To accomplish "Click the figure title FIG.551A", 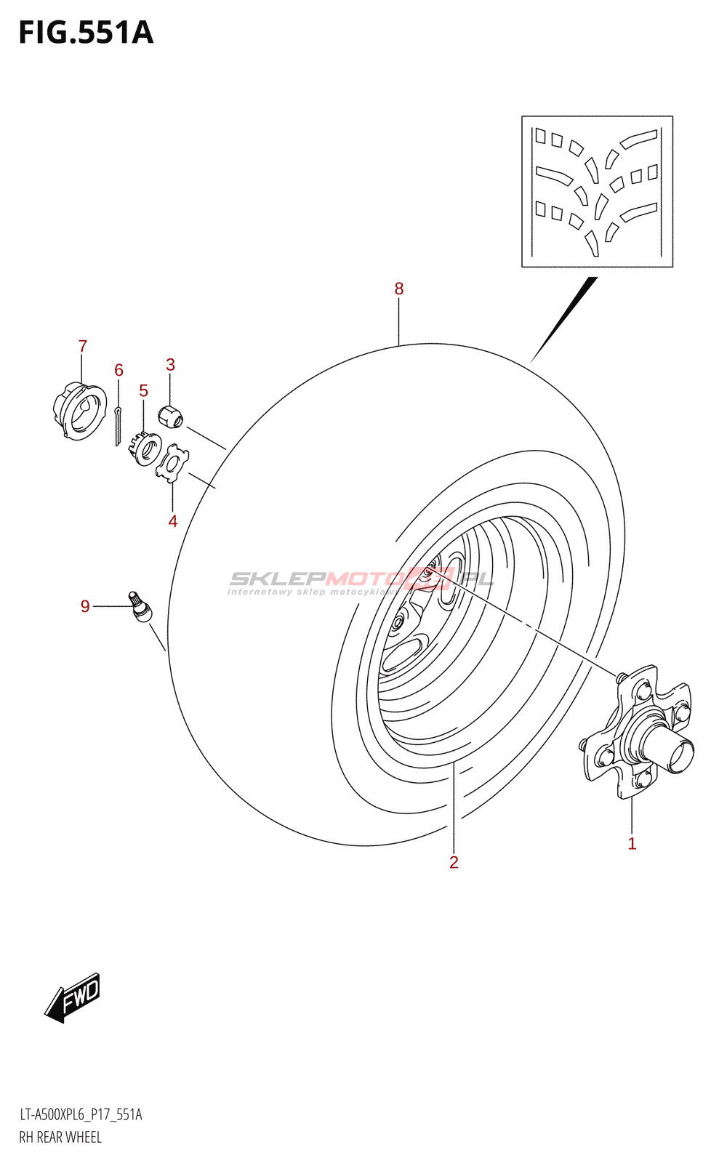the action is click(86, 33).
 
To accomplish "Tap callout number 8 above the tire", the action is click(398, 289).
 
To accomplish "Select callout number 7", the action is click(83, 346).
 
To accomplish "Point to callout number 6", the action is click(119, 370).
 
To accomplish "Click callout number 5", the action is click(143, 390).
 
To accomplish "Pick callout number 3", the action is click(170, 364).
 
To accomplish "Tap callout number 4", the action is click(172, 520).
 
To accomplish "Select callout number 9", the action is click(85, 605).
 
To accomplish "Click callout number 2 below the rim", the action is click(454, 862).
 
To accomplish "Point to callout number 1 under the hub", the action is click(632, 843).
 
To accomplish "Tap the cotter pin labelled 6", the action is click(118, 427).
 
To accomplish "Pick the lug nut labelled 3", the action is click(170, 417).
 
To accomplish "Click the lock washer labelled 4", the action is click(172, 463).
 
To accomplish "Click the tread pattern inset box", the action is click(597, 191).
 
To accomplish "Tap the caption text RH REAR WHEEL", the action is click(60, 1137).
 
